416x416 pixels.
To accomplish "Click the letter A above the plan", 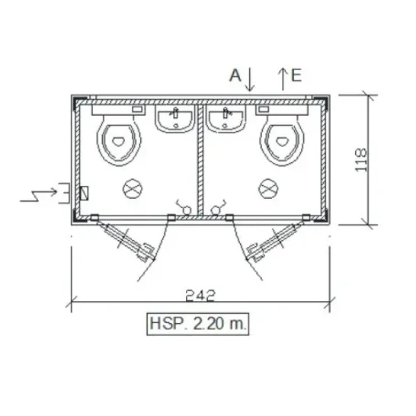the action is point(235,75).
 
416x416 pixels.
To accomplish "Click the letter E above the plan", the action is point(296,75).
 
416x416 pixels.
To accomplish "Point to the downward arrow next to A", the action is point(250,79).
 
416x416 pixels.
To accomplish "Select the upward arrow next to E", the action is point(283,79).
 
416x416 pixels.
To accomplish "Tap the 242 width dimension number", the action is point(200,296).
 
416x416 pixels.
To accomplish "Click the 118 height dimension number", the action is point(361,160).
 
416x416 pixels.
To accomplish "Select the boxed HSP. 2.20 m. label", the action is point(198,324).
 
